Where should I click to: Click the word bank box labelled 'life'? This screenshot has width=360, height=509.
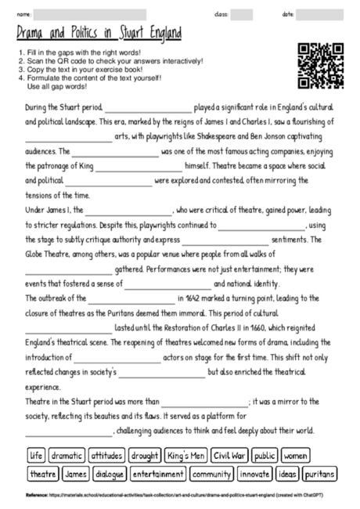tap(35, 455)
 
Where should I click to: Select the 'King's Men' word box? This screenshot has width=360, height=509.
tap(185, 455)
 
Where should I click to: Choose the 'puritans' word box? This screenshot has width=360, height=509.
tap(319, 475)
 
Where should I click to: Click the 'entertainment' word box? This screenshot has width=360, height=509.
tap(158, 475)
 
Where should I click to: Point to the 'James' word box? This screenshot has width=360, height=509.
tap(75, 475)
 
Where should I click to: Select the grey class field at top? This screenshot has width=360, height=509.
tap(242, 14)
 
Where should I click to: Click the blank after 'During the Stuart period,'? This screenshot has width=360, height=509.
tap(148, 108)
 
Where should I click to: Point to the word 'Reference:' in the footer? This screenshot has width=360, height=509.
tap(36, 495)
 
